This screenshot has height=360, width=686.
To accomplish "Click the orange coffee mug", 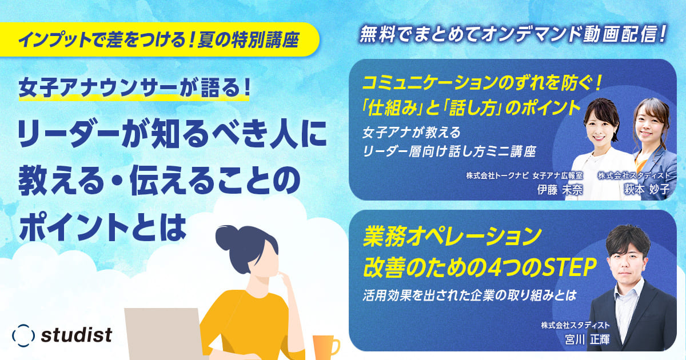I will pos(324,346).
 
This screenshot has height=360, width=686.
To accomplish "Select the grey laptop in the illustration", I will pos(162,334).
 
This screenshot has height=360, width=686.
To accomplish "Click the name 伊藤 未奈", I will pos(560,191).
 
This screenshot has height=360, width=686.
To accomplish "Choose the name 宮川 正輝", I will pos(585,339).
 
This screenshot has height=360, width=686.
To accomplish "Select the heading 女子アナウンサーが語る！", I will pos(134,88).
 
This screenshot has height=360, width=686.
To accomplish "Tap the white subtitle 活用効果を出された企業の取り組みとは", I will pos(468,296).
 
